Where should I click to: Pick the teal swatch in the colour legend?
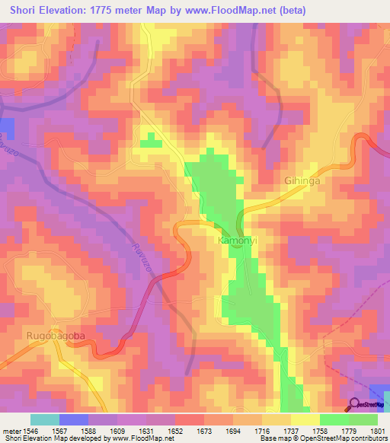tap(45, 419)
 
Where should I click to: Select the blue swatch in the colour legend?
tap(74, 419)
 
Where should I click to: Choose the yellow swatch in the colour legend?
tap(305, 419)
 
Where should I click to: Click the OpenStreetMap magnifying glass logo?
tap(353, 404)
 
